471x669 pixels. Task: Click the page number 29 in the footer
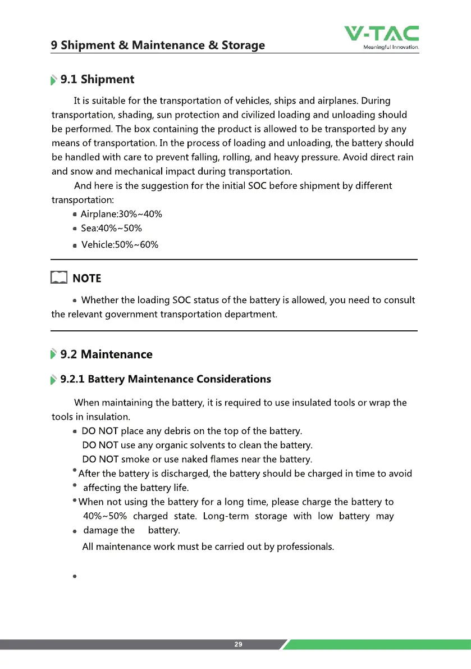point(238,644)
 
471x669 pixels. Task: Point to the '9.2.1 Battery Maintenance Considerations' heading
point(165,379)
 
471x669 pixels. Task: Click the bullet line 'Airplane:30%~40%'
point(121,214)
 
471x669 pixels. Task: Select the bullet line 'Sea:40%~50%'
point(111,228)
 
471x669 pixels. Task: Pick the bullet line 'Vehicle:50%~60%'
point(120,244)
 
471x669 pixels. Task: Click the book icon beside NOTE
point(58,278)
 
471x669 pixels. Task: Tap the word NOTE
point(88,279)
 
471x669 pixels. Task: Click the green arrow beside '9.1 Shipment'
point(54,80)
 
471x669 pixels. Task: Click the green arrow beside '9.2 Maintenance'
point(54,354)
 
